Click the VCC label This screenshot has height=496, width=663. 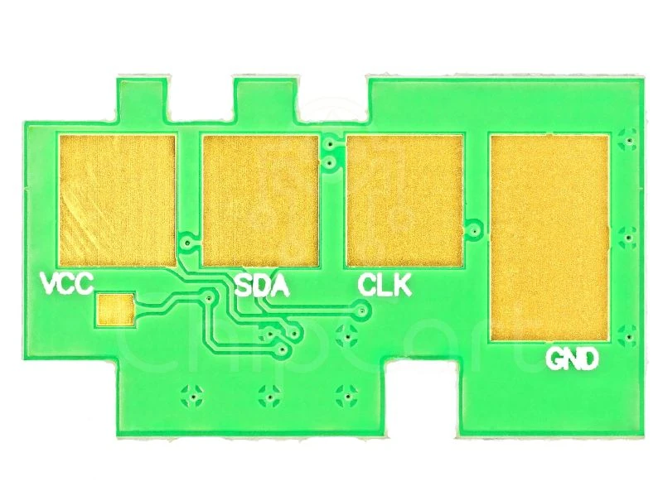(67, 283)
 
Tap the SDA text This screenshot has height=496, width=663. (263, 286)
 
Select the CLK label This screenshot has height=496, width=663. (385, 284)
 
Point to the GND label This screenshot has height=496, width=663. (573, 359)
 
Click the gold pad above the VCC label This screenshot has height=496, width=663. (117, 200)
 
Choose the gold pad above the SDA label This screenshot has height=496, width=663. (260, 200)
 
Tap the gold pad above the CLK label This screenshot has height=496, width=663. (404, 200)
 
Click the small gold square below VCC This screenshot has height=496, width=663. (115, 310)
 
